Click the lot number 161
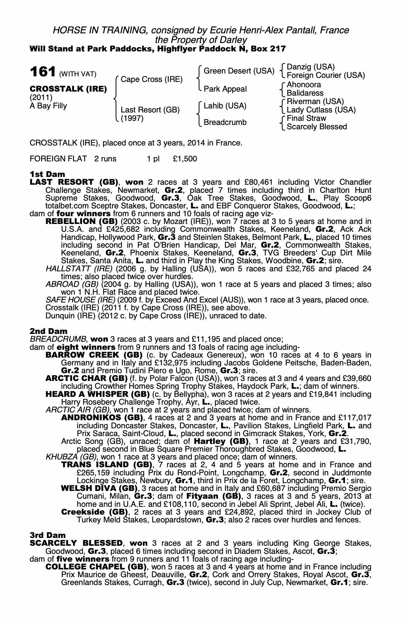tap(43, 72)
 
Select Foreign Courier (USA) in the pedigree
tap(325, 75)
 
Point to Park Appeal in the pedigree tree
tap(225, 89)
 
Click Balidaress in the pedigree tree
tap(305, 93)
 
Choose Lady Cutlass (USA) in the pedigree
tap(321, 110)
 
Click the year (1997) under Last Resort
tap(132, 118)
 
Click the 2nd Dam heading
tap(48, 331)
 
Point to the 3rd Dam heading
tap(48, 535)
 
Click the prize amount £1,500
tap(185, 159)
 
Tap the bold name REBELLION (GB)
tap(81, 221)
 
